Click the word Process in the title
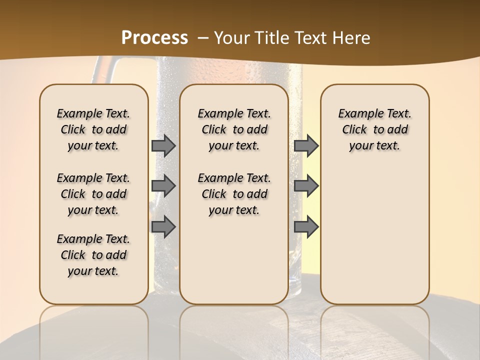154,38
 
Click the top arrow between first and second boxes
163,146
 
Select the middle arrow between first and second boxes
163,186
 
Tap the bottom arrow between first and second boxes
163,226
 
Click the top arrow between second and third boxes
306,146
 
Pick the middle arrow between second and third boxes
306,186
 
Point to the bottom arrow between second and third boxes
306,226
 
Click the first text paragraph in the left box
93,129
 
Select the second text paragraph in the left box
93,194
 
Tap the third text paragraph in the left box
93,255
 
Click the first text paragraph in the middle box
234,129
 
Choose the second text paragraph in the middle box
234,194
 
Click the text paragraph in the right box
375,129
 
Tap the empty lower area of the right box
375,235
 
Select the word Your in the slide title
231,38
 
